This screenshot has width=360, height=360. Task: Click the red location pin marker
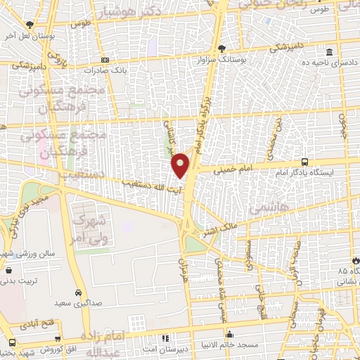click(181, 165)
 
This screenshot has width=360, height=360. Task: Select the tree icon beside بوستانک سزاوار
click(223, 49)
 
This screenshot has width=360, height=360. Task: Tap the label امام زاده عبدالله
click(105, 342)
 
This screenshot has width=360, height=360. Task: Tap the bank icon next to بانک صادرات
click(104, 60)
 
